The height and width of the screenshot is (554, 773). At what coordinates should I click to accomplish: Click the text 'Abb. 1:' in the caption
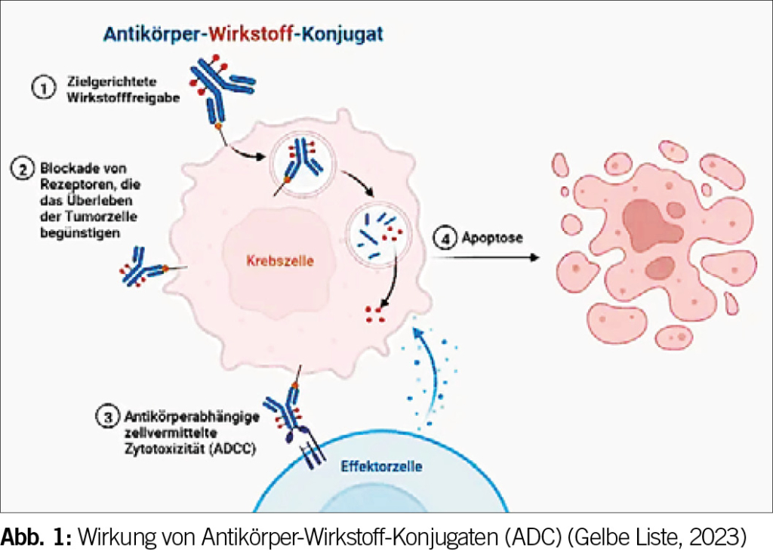(x=35, y=537)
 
